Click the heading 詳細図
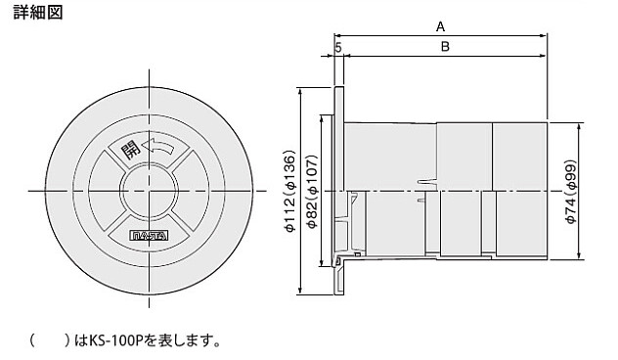point(38,13)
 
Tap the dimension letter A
point(440,26)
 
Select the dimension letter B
point(445,47)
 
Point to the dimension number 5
point(338,48)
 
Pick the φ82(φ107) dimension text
point(312,191)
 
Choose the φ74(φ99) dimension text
point(571,192)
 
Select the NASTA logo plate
point(149,236)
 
